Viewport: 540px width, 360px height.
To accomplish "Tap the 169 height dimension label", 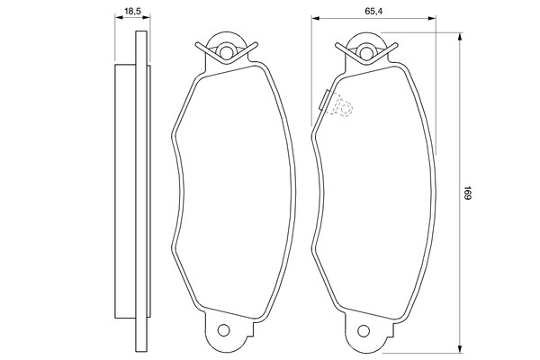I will (x=468, y=193).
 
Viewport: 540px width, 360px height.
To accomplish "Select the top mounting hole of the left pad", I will (x=225, y=49).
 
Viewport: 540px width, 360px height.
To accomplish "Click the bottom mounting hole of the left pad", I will (x=225, y=329).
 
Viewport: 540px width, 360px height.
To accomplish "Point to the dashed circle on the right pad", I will (x=342, y=108).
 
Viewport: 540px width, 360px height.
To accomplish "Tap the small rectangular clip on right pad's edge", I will (x=322, y=98).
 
